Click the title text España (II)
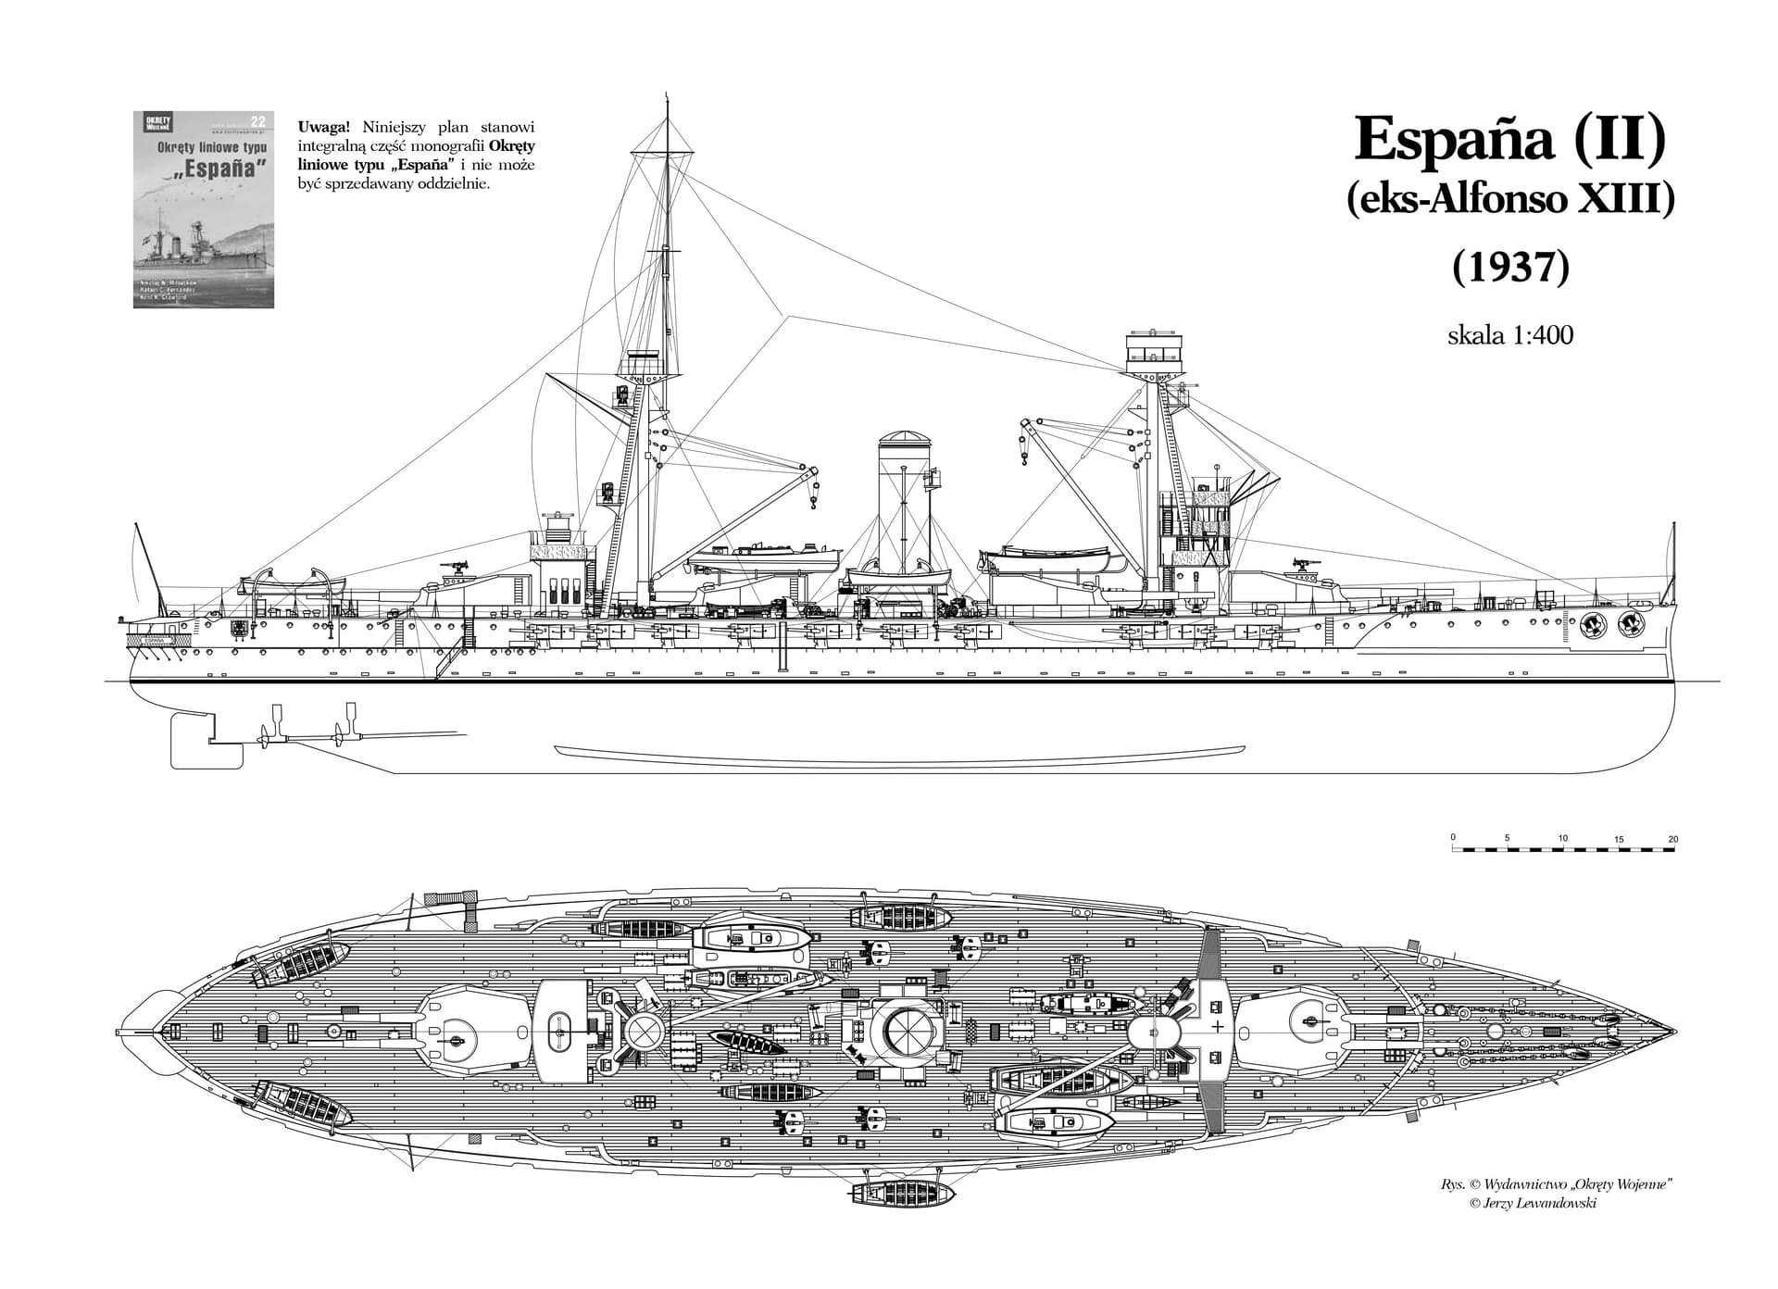[1510, 139]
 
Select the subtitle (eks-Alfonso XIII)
[1510, 200]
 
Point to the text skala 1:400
[1509, 334]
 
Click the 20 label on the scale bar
[1672, 840]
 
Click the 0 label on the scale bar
[1453, 837]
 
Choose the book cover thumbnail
[204, 209]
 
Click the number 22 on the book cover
[259, 119]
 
